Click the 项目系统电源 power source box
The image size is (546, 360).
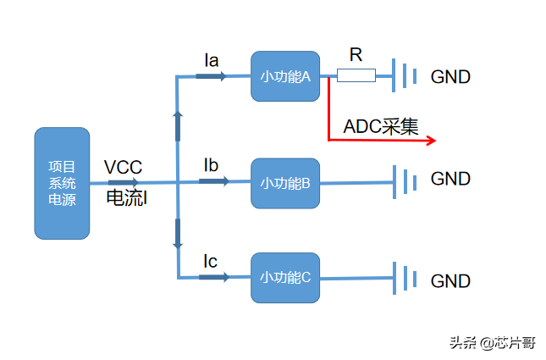62,183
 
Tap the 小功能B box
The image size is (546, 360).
285,183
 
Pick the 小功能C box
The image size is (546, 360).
285,277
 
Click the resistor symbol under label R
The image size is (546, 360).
356,76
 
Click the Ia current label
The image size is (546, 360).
212,60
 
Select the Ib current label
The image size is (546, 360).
212,164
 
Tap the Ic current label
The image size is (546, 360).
211,261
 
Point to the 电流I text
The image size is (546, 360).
127,198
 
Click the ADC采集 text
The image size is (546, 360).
381,127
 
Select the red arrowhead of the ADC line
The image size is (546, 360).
431,140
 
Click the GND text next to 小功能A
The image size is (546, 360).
450,77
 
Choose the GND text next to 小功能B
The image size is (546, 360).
450,179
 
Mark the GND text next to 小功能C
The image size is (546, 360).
450,280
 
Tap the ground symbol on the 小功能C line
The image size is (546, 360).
405,277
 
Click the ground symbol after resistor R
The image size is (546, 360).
405,76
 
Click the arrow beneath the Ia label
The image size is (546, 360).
212,76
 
